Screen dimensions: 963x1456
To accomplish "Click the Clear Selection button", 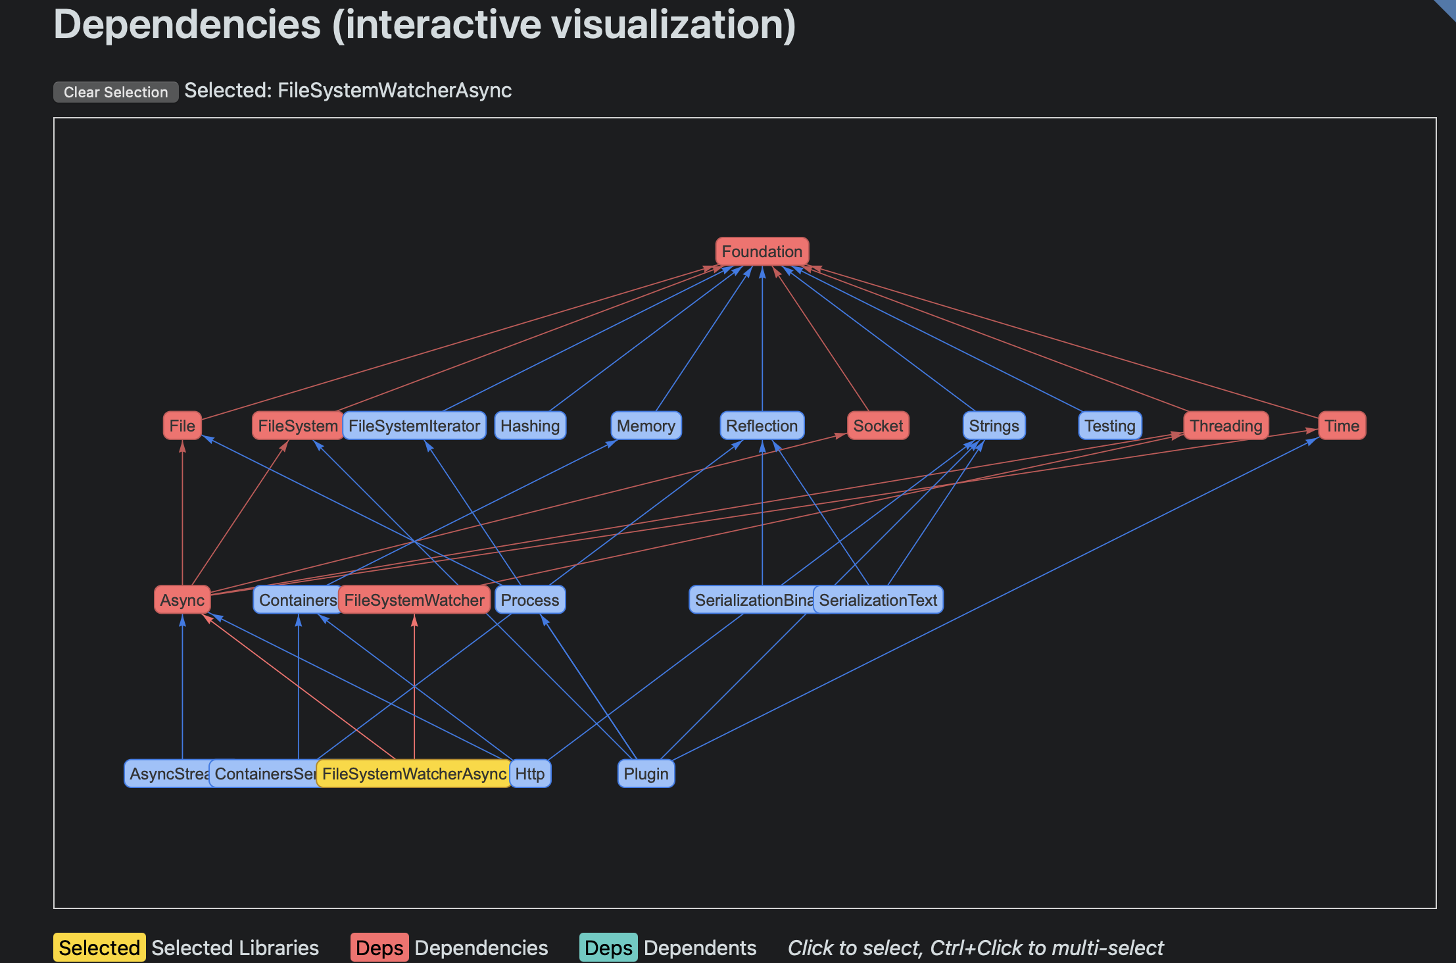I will (x=116, y=92).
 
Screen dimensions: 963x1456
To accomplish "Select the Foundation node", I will (x=762, y=251).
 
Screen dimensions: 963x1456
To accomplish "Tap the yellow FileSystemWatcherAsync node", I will (x=414, y=774).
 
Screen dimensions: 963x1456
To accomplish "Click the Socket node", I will (x=878, y=426).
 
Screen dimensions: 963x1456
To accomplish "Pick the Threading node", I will (x=1226, y=426).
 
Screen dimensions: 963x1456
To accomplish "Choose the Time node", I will (x=1342, y=426).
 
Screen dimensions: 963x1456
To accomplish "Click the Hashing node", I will (x=530, y=426).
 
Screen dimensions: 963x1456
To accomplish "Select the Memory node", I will (x=646, y=426).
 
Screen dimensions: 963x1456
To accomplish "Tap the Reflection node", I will (x=762, y=426).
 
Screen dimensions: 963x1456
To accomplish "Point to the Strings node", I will (x=994, y=426).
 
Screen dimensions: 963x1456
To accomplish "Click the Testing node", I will (x=1110, y=426).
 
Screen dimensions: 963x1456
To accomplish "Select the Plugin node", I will (x=646, y=774).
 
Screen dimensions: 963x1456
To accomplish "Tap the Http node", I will (x=530, y=774).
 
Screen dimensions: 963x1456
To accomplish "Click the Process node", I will (x=530, y=600).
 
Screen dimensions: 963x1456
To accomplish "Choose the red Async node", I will (x=182, y=600).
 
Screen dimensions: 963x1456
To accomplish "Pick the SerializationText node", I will (x=878, y=600).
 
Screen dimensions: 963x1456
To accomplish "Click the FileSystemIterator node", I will (x=414, y=426).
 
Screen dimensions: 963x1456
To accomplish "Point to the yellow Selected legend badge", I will (x=99, y=947).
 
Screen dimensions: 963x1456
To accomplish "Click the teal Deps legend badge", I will (x=608, y=947).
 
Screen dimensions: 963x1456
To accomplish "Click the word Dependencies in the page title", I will (x=187, y=25).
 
